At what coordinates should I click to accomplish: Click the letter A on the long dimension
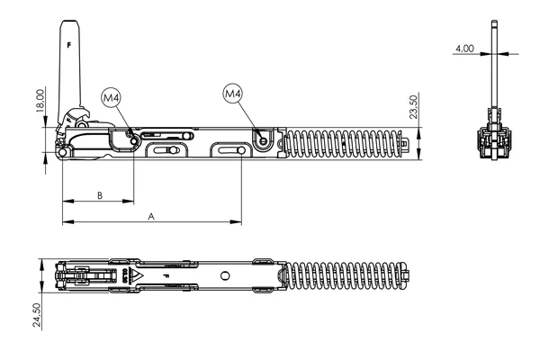[151, 216]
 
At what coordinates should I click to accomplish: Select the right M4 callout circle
[233, 93]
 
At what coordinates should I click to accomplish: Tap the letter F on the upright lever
[68, 41]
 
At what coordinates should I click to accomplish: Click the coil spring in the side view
[342, 144]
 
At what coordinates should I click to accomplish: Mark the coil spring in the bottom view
[346, 275]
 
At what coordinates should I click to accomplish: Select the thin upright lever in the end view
[494, 63]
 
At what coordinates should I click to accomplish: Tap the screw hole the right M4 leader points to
[262, 139]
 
